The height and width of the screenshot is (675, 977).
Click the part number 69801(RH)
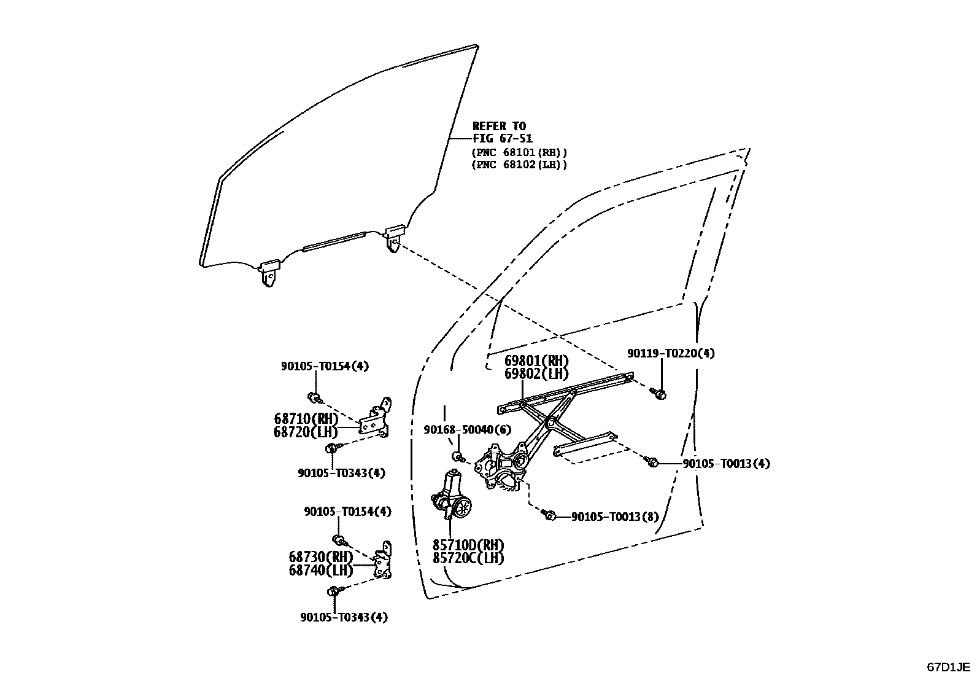pyautogui.click(x=536, y=361)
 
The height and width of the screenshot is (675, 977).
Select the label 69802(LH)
pyautogui.click(x=536, y=373)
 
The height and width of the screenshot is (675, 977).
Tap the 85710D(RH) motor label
pyautogui.click(x=468, y=545)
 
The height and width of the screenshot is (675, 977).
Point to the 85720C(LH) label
pyautogui.click(x=468, y=558)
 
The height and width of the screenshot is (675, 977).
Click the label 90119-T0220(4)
pyautogui.click(x=671, y=353)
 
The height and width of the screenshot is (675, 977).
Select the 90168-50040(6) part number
pyautogui.click(x=467, y=429)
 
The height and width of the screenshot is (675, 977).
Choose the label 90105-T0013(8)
pyautogui.click(x=615, y=517)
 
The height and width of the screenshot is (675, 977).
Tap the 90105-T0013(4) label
pyautogui.click(x=726, y=463)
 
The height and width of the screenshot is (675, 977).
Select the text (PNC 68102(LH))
pyautogui.click(x=519, y=165)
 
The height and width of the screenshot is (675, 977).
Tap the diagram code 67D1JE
pyautogui.click(x=948, y=666)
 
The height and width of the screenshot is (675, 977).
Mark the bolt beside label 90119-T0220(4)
pyautogui.click(x=659, y=393)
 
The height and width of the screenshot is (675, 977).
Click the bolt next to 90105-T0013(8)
pyautogui.click(x=550, y=516)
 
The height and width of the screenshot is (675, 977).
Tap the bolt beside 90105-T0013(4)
pyautogui.click(x=654, y=462)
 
